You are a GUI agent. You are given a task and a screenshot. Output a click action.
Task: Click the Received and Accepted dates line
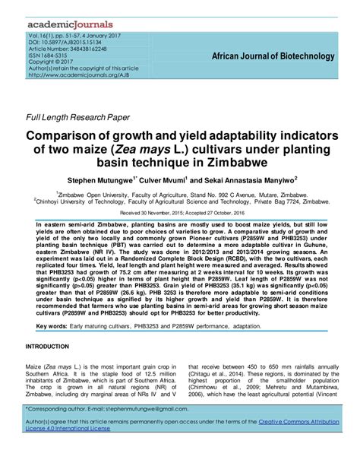pyautogui.click(x=179, y=214)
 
